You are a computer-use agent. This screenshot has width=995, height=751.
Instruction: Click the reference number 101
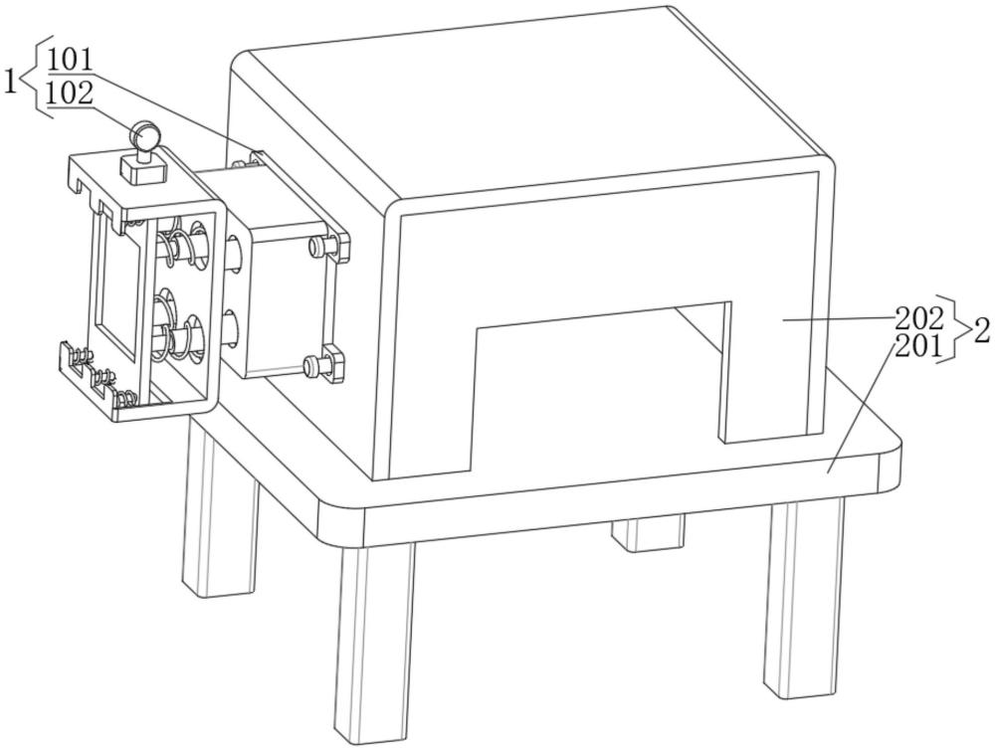tap(71, 61)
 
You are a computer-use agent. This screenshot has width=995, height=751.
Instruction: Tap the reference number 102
tap(71, 94)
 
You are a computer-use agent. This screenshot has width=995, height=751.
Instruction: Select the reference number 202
tap(918, 317)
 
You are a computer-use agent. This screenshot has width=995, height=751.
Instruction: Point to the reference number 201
tap(918, 345)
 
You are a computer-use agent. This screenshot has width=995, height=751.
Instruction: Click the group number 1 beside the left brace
tap(11, 82)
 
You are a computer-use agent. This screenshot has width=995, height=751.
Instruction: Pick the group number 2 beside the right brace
tap(981, 331)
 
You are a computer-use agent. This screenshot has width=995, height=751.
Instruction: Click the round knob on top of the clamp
tap(145, 135)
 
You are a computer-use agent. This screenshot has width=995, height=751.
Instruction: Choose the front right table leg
tap(802, 596)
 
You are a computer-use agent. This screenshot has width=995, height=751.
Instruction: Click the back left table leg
tap(220, 507)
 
